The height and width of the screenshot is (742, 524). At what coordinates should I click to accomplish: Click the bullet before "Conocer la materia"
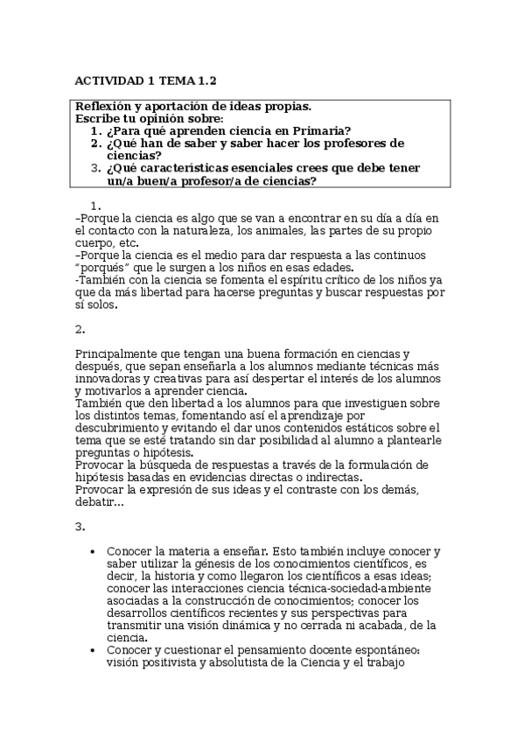[x=93, y=552]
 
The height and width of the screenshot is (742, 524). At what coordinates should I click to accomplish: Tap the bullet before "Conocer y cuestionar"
[x=93, y=650]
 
